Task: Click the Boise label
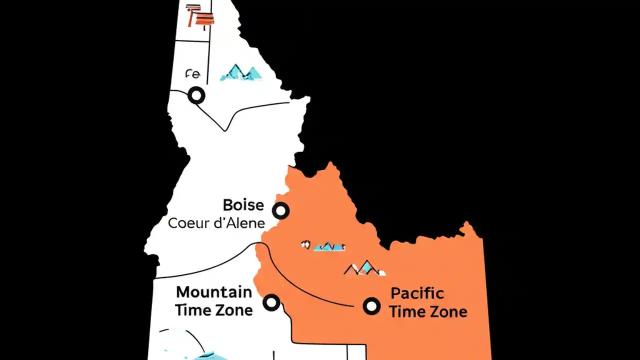(x=243, y=205)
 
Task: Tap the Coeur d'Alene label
(x=216, y=223)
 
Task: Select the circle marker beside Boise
(x=281, y=211)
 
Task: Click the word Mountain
(x=214, y=292)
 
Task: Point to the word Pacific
(x=417, y=293)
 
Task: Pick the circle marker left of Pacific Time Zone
(x=371, y=305)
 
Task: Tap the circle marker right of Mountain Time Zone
(x=271, y=302)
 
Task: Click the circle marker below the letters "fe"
(x=196, y=95)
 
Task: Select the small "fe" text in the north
(x=192, y=74)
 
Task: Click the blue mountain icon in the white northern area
(x=241, y=73)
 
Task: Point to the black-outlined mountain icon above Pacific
(x=365, y=268)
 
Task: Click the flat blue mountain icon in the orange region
(x=328, y=246)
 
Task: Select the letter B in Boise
(x=228, y=205)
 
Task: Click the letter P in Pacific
(x=395, y=293)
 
